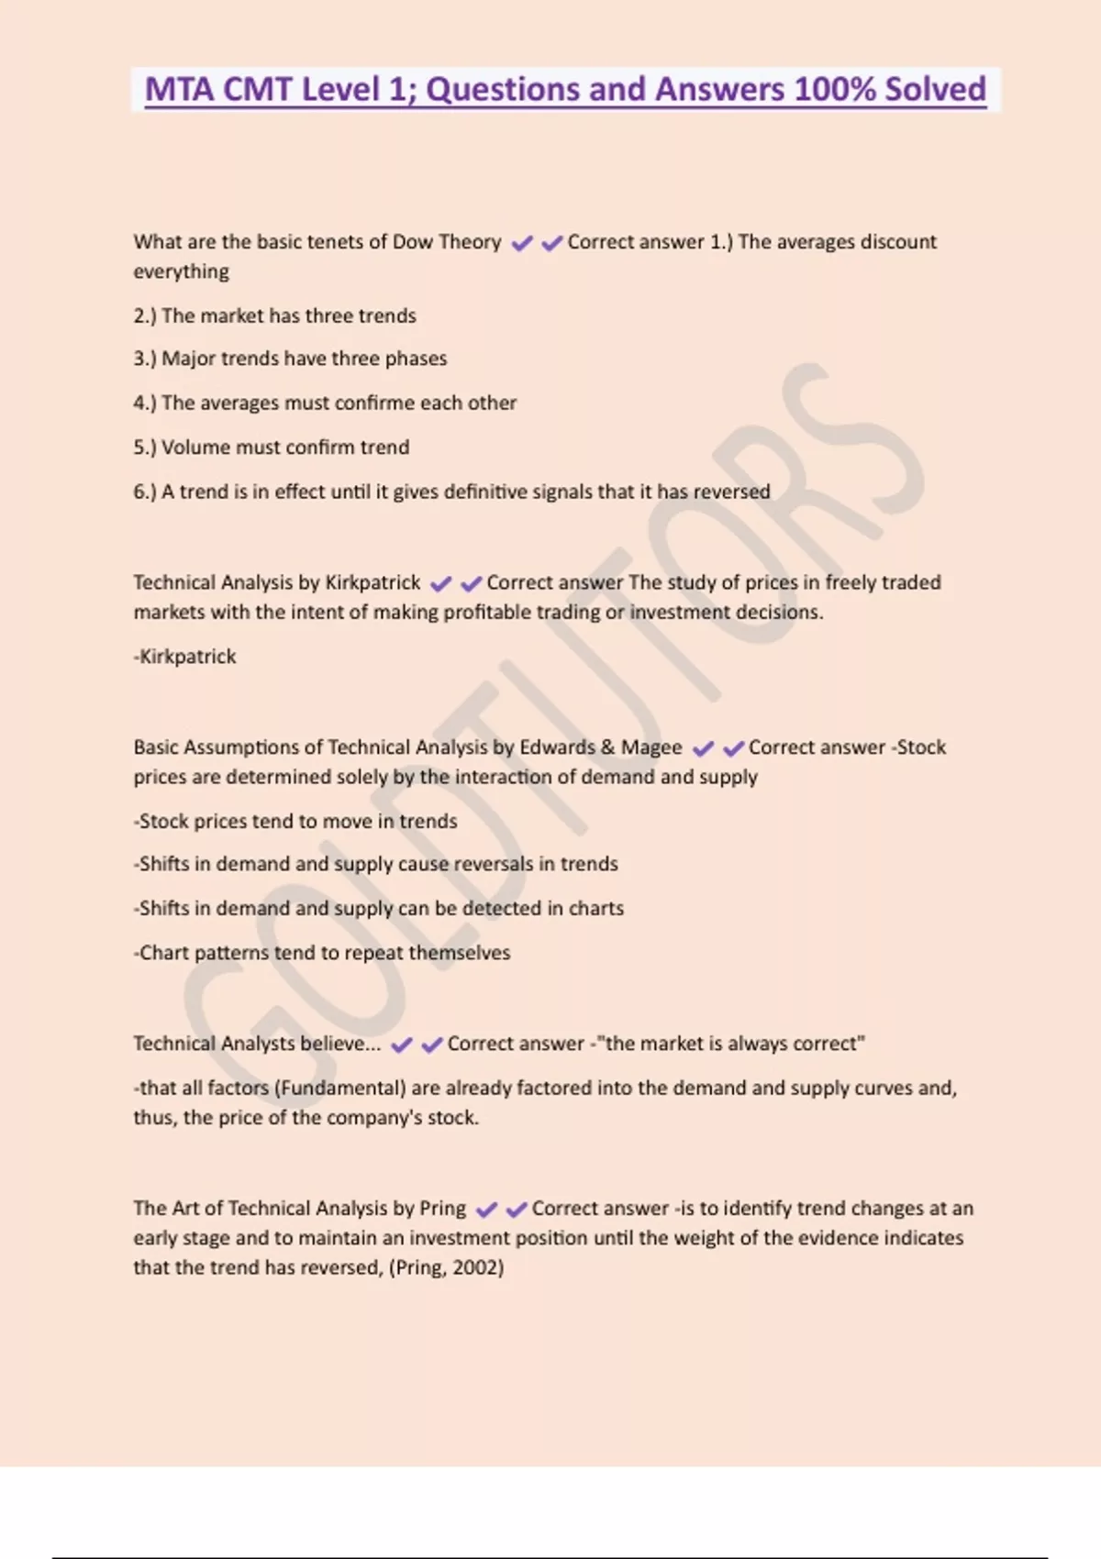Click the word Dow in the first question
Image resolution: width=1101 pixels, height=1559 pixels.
coord(412,242)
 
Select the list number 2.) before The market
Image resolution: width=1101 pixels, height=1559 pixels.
coord(145,316)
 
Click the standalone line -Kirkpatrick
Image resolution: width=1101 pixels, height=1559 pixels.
coord(185,657)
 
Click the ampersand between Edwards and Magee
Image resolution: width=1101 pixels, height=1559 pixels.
coord(607,747)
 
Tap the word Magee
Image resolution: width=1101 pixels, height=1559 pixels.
coord(651,748)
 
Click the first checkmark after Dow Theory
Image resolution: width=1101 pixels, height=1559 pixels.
coord(521,243)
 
